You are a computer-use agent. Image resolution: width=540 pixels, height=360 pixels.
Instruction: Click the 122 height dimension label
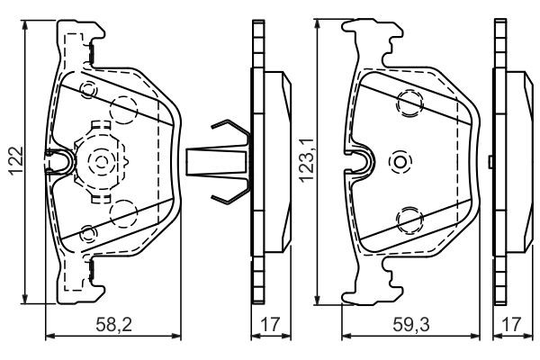(x=12, y=162)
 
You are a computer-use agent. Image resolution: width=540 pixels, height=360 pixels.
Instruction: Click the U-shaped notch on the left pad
(x=59, y=162)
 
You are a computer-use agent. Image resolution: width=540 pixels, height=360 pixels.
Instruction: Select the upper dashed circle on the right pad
(x=409, y=103)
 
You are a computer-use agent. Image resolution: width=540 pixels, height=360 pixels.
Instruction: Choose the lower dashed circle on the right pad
(x=409, y=218)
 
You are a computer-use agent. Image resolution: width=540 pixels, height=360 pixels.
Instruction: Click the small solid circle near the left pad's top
(x=87, y=90)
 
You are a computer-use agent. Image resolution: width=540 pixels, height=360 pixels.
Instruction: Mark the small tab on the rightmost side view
(x=489, y=162)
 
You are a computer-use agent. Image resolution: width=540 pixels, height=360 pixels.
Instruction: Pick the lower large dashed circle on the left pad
(x=121, y=213)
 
